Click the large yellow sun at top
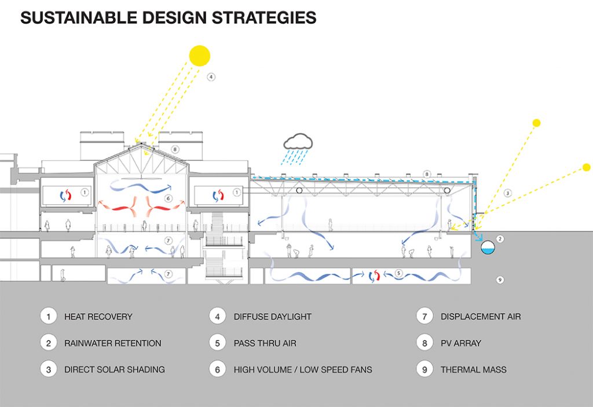[x=199, y=56]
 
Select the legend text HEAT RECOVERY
[x=98, y=317]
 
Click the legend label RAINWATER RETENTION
[x=113, y=343]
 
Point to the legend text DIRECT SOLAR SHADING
[x=115, y=369]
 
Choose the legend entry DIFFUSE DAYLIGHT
[x=273, y=317]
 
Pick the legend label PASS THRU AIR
[x=265, y=343]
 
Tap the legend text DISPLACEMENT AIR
[x=481, y=317]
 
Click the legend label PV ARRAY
[x=461, y=343]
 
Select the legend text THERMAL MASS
[x=474, y=369]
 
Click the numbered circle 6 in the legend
[x=218, y=369]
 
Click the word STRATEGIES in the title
[x=264, y=18]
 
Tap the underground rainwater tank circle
[x=488, y=247]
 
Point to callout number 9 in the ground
[x=500, y=280]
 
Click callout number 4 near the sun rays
[x=211, y=77]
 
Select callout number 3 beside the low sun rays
[x=507, y=193]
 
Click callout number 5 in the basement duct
[x=398, y=273]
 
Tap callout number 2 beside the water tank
[x=500, y=239]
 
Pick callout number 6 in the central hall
[x=169, y=198]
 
